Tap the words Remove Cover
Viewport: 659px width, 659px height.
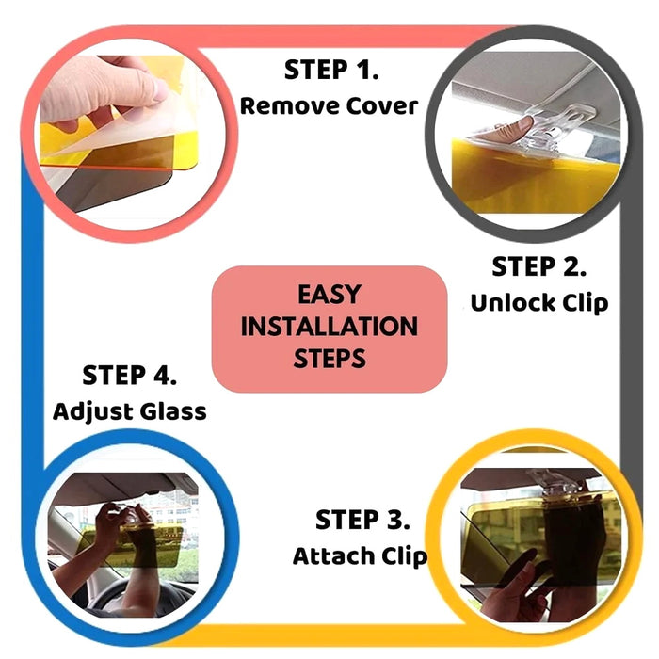point(328,105)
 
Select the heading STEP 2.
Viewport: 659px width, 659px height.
point(539,266)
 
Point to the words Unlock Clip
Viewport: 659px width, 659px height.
point(539,302)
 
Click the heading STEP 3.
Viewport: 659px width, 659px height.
point(362,520)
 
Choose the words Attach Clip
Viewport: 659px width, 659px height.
point(360,555)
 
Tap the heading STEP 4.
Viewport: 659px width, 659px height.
point(130,376)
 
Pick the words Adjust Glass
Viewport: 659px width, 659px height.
point(130,411)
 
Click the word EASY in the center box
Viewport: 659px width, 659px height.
point(329,294)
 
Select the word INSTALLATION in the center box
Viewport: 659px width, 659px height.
point(329,327)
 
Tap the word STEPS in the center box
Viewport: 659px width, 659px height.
point(329,359)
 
